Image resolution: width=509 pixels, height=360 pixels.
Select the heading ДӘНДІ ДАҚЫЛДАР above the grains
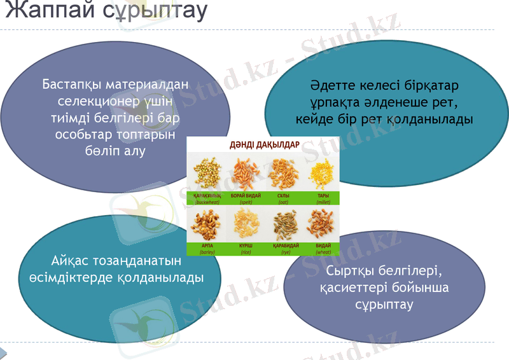coord(264,145)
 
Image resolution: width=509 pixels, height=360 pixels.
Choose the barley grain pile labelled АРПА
coord(206,223)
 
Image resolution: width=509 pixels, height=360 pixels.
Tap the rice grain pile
coord(246,223)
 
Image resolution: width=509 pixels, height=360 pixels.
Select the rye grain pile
coord(283,223)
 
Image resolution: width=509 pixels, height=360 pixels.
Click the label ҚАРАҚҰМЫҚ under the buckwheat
coord(207,196)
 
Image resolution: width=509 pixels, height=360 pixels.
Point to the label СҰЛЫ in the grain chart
coord(283,196)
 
